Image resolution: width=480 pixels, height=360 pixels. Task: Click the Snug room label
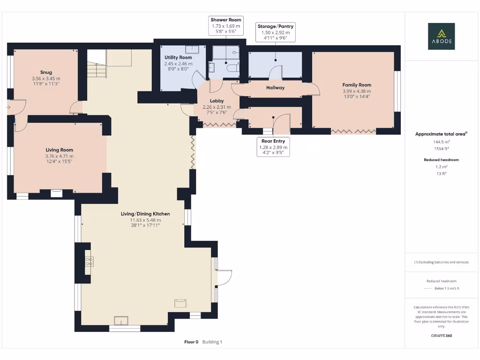(x=46, y=72)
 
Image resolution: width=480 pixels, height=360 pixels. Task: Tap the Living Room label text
(x=59, y=150)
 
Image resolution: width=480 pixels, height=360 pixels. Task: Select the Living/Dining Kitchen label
(x=145, y=214)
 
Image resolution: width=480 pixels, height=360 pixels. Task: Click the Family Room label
(x=356, y=85)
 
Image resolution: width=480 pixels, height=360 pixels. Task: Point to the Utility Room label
(x=178, y=57)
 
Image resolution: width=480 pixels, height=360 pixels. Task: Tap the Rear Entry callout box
(x=273, y=147)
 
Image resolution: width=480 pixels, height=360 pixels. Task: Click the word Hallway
(x=275, y=88)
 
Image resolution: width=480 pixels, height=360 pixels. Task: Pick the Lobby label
(x=217, y=101)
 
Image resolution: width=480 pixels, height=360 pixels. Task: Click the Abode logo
(x=441, y=36)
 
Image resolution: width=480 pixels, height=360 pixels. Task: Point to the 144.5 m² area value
(x=441, y=141)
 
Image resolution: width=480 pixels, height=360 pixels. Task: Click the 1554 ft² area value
(x=441, y=148)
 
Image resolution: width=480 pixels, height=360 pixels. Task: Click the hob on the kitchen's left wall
(x=89, y=262)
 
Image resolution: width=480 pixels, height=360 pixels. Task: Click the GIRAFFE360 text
(x=441, y=336)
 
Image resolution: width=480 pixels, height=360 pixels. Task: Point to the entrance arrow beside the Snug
(x=7, y=107)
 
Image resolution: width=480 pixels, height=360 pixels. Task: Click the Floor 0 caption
(x=191, y=342)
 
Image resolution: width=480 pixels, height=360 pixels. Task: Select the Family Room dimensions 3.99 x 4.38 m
(x=356, y=91)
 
